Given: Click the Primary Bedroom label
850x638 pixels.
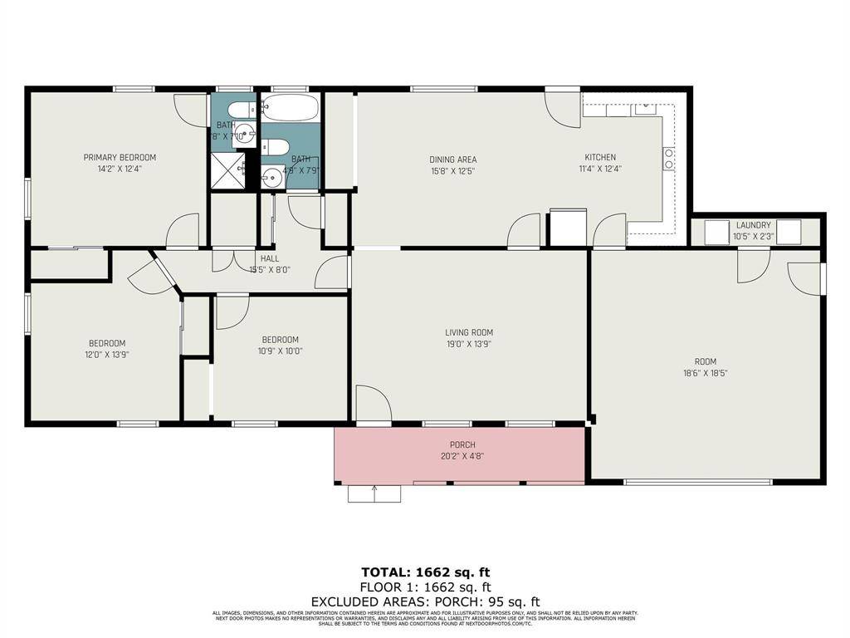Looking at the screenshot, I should click(x=120, y=157).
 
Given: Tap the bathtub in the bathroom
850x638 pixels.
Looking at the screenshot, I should click(x=289, y=109).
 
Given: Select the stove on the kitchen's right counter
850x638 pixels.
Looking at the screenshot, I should click(x=668, y=159).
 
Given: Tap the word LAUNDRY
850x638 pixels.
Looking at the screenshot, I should click(x=753, y=225).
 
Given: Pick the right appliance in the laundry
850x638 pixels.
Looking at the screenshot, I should click(x=789, y=233).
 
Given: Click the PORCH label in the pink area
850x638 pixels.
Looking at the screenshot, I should click(x=462, y=445).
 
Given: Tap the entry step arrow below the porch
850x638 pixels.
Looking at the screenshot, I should click(x=374, y=493).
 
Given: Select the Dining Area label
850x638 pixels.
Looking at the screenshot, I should click(x=452, y=159).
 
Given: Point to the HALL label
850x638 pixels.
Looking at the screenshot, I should click(x=270, y=258).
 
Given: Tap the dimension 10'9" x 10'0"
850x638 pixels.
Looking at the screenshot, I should click(x=280, y=351).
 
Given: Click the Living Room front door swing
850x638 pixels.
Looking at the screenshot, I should click(x=373, y=404).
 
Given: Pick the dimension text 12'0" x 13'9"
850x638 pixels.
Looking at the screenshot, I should click(x=108, y=354).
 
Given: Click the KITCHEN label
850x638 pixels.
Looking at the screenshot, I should click(x=600, y=157).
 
